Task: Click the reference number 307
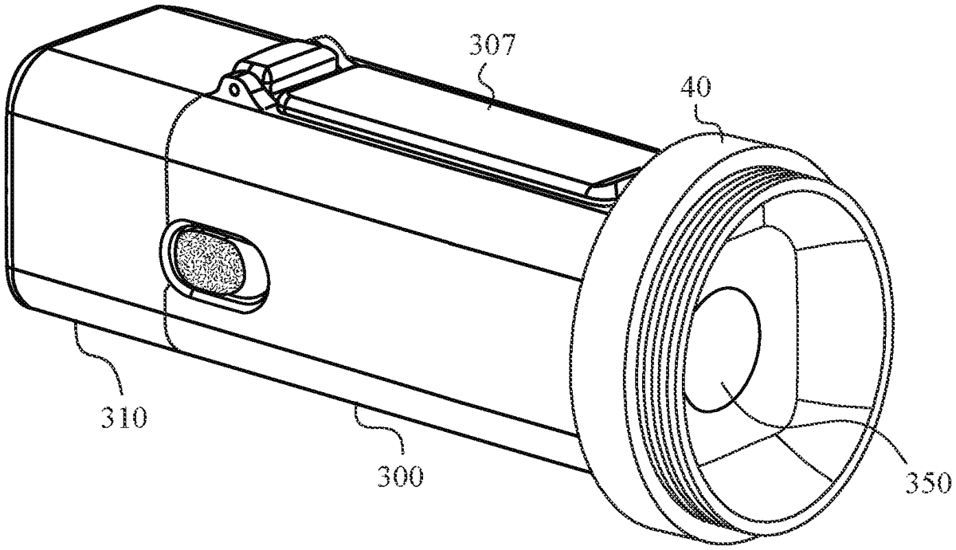click(x=493, y=45)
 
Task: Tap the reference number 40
click(x=695, y=87)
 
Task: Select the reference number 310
click(x=124, y=417)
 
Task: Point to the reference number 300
click(x=400, y=476)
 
